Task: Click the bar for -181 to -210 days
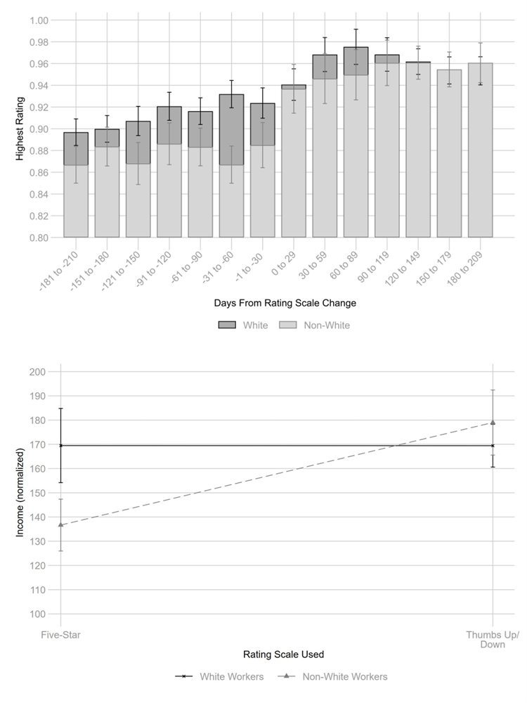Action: point(76,190)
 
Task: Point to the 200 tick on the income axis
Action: point(37,372)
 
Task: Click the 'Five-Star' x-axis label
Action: point(61,635)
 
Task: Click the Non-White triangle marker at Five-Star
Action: point(61,524)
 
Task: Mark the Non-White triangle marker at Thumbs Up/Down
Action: point(493,423)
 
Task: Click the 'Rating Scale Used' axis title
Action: point(283,654)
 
